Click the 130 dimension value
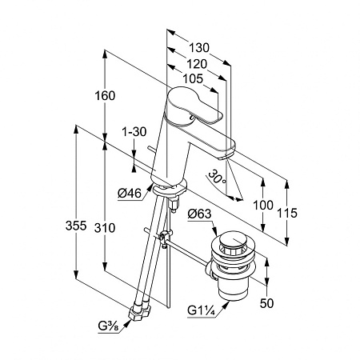pyautogui.click(x=199, y=48)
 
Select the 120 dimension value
pyautogui.click(x=197, y=64)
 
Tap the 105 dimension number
pyautogui.click(x=193, y=79)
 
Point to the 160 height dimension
pyautogui.click(x=105, y=96)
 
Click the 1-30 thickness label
pyautogui.click(x=134, y=132)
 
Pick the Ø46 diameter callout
pyautogui.click(x=130, y=193)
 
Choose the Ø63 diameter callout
pyautogui.click(x=199, y=214)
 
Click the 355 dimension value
pyautogui.click(x=76, y=226)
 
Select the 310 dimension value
pyautogui.click(x=105, y=228)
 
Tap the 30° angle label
pyautogui.click(x=217, y=177)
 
